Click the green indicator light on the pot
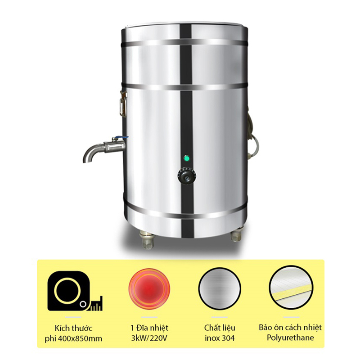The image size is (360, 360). (x=185, y=158)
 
